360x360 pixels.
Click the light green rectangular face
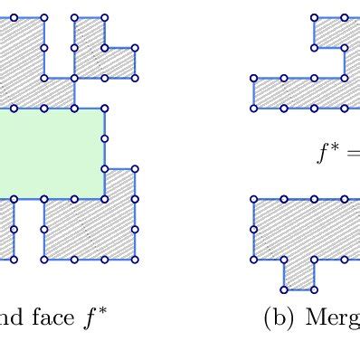(50, 152)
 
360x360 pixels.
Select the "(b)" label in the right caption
(277, 317)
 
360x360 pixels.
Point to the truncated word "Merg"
(331, 318)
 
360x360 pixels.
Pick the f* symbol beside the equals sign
(327, 153)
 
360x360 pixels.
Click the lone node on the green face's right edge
(105, 138)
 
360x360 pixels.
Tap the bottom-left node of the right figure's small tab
(284, 289)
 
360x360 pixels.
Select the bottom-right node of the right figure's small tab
(315, 289)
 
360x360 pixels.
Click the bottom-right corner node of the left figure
(136, 260)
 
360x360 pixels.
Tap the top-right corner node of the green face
(105, 109)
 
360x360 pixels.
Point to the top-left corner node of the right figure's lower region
(254, 199)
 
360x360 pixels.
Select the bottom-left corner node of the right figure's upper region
(254, 109)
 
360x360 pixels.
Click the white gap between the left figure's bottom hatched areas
(29, 230)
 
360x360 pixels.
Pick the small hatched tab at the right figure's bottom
(299, 274)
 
